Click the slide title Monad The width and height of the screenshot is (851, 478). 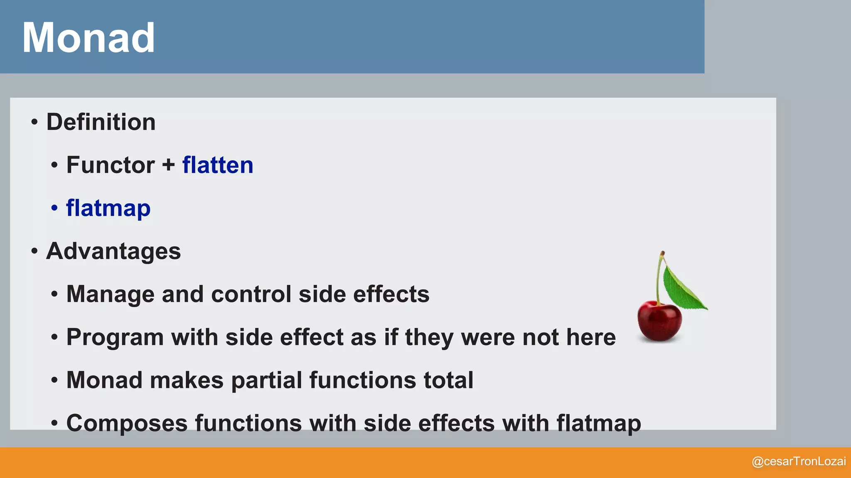88,38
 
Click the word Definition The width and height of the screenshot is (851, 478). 101,122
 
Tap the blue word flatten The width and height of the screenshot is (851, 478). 218,165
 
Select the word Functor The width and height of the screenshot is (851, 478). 111,165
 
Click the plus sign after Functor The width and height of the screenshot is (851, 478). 168,165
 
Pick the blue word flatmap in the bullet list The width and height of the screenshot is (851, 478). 108,208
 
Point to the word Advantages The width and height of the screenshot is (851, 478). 113,251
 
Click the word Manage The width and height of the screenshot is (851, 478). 111,294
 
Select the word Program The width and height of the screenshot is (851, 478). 115,337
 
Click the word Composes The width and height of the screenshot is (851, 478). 127,423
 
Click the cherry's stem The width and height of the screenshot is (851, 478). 658,278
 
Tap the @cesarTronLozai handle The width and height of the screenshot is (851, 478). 799,461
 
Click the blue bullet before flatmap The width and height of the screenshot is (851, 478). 54,208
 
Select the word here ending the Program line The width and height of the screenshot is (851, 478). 591,337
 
